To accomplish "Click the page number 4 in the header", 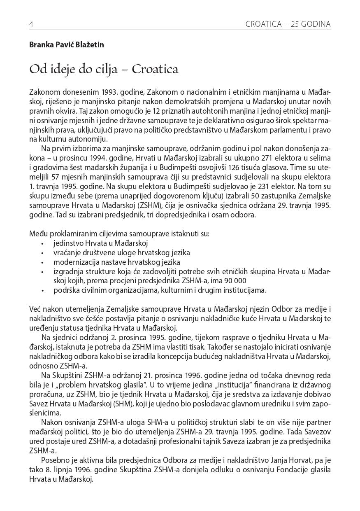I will [x=31, y=24].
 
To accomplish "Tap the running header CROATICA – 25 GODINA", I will [x=288, y=24].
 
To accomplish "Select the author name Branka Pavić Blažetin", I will [x=66, y=45].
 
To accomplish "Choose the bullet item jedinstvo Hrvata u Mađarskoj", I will [x=100, y=243].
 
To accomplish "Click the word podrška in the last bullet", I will [x=65, y=290].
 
